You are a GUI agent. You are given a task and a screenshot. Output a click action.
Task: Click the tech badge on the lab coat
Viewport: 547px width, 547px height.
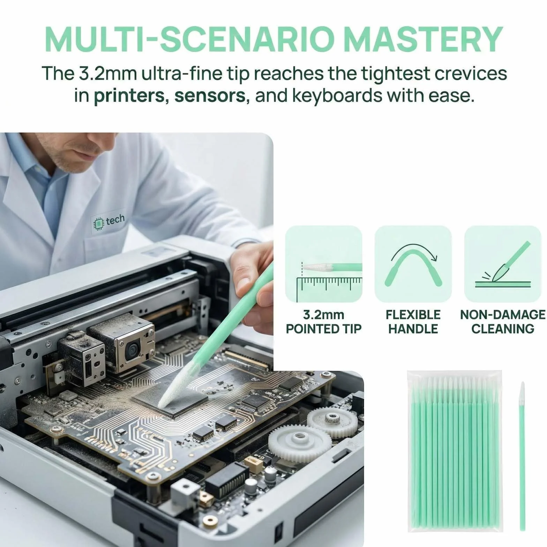(108, 221)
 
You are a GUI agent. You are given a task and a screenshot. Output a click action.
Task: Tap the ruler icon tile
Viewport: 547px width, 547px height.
(323, 264)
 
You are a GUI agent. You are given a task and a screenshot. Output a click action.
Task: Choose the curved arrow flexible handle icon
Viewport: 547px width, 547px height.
(413, 264)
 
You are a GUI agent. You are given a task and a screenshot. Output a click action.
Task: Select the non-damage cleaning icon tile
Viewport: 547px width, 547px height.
(503, 264)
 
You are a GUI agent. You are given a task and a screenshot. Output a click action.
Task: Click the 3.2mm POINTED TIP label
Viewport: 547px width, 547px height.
(323, 322)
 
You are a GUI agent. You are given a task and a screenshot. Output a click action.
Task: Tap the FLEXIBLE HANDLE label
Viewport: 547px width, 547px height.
(413, 322)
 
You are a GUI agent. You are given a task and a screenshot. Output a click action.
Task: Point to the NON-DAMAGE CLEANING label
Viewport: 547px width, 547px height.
(503, 322)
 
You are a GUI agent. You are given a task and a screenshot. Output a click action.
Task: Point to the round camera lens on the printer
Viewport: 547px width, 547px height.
(132, 347)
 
